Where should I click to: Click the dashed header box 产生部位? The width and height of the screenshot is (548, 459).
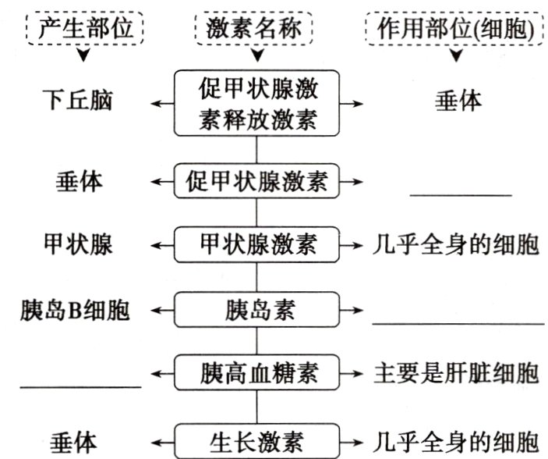(84, 30)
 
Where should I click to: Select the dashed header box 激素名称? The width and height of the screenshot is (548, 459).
(255, 30)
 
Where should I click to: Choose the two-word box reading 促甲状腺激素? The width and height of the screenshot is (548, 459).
(257, 182)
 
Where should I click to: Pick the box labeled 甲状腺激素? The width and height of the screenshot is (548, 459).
(257, 245)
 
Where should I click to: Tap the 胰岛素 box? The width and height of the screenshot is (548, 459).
(257, 310)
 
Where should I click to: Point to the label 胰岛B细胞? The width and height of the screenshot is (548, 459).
(75, 310)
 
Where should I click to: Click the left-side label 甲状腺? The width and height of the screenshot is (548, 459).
(78, 245)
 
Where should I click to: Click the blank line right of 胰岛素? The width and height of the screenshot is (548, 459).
(458, 321)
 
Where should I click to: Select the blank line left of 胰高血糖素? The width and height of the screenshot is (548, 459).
(80, 384)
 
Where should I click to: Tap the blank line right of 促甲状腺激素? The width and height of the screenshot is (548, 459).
(461, 194)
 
